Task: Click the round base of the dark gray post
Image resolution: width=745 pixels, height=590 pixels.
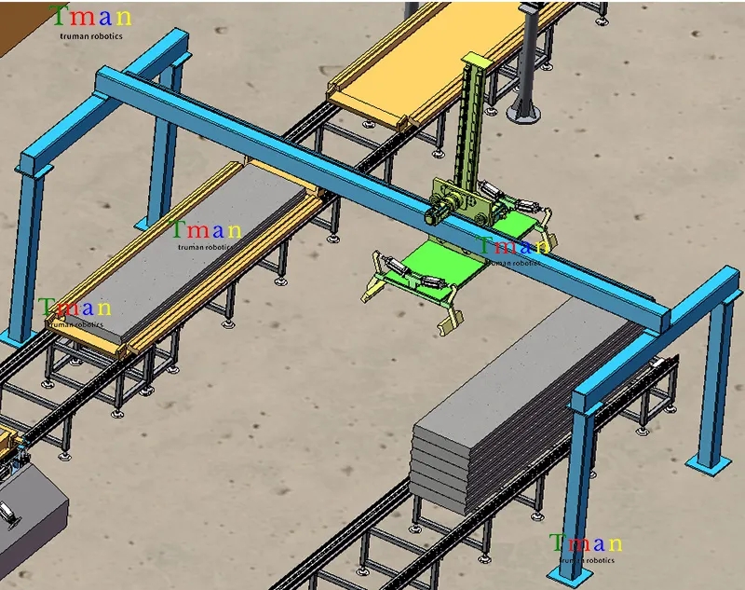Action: tap(523, 114)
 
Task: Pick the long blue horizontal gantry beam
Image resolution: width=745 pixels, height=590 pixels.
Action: tap(375, 190)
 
